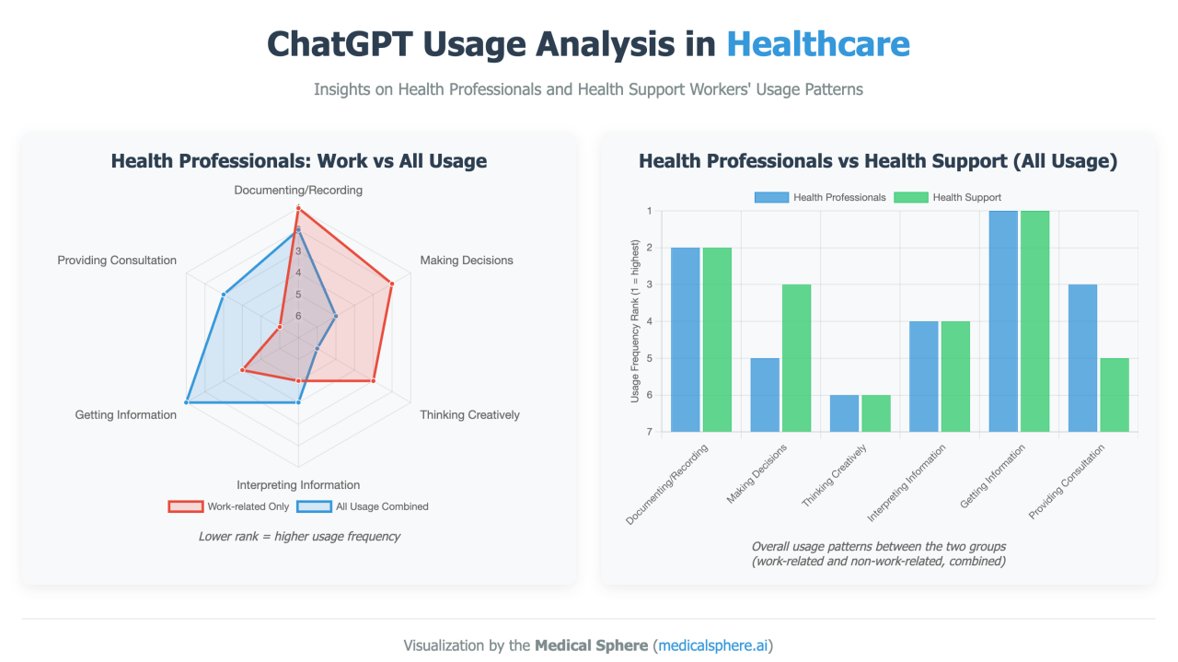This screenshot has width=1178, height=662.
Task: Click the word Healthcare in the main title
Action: (817, 43)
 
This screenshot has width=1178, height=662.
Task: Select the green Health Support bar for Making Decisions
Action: (796, 357)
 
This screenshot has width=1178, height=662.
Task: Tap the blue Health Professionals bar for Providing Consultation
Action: (1082, 357)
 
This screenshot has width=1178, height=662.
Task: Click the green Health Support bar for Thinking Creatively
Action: (875, 412)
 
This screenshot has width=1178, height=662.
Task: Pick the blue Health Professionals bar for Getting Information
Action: (1003, 320)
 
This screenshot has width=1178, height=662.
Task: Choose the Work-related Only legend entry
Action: (228, 506)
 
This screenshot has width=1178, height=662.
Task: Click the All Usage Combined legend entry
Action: (366, 506)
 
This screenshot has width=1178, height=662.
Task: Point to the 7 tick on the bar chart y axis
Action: (649, 432)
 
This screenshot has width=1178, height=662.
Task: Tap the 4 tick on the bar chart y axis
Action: (649, 321)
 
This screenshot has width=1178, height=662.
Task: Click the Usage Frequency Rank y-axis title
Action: (635, 321)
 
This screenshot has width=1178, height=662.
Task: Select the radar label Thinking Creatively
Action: (469, 415)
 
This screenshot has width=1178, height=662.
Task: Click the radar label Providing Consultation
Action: (117, 261)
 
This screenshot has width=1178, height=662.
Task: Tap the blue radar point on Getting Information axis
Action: (187, 402)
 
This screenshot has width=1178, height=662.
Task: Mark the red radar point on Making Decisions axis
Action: (392, 284)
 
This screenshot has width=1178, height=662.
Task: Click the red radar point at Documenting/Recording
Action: (298, 209)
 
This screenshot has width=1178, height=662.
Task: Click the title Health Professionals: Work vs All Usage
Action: (298, 161)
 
